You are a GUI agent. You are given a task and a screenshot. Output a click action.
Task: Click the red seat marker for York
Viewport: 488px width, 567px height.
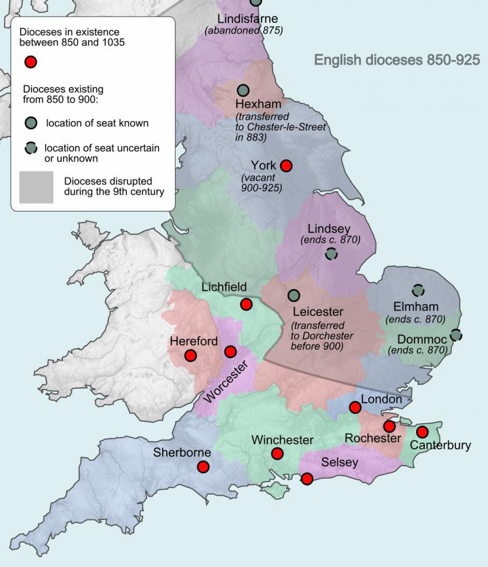coord(286,166)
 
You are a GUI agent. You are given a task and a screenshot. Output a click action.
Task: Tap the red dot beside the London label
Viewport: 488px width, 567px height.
coord(355,407)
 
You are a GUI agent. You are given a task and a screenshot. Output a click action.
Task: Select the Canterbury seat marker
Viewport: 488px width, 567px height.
coord(422,432)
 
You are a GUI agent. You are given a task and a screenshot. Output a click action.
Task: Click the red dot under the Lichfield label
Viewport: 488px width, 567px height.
coord(246,304)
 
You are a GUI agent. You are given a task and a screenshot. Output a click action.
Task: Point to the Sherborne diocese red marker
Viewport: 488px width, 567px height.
coord(203,467)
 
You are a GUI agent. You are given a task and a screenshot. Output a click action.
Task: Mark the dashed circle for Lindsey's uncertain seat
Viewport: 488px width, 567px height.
coord(331,254)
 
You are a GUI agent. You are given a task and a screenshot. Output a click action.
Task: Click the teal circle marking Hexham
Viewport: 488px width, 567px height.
coord(243,90)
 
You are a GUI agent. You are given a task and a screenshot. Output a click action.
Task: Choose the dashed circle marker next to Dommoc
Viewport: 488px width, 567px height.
coord(456,335)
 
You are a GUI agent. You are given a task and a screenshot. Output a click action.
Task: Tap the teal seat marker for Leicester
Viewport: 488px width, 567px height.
coord(294,295)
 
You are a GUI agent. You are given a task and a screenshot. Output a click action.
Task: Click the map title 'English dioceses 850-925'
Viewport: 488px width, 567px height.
coord(397,60)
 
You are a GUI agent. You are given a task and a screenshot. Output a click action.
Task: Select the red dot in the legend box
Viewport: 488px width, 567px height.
coord(31,62)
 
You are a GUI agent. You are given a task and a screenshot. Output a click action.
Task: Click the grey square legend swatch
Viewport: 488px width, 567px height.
coord(36,187)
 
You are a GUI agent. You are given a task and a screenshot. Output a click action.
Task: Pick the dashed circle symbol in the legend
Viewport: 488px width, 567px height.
coord(31,149)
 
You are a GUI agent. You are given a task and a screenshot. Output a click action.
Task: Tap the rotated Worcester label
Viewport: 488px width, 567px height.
coord(226,382)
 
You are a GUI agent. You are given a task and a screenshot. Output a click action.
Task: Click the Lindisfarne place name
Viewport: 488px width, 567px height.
coord(247,19)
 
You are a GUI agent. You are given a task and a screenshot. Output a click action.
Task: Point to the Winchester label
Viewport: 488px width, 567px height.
coord(282,440)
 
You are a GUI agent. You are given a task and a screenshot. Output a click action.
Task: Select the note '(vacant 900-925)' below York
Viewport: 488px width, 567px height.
coord(261,183)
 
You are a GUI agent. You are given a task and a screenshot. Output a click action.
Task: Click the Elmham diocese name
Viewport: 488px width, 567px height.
coord(416,307)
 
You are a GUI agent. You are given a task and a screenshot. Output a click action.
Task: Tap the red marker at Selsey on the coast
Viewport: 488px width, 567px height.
coord(307,479)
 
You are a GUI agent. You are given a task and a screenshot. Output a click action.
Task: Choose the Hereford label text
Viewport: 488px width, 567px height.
coord(194,341)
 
